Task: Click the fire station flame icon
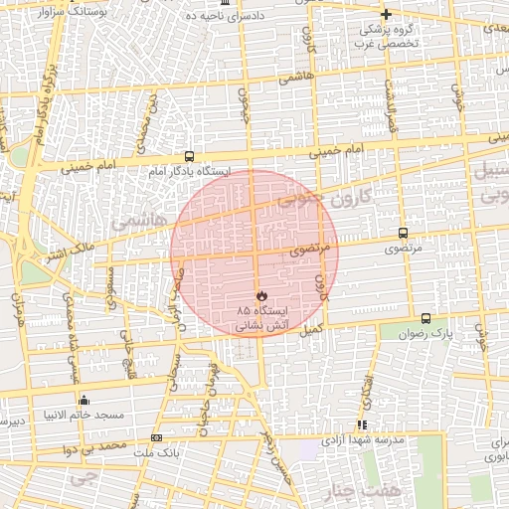pyautogui.click(x=260, y=296)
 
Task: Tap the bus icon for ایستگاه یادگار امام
pyautogui.click(x=189, y=156)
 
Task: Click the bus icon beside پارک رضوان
pyautogui.click(x=425, y=318)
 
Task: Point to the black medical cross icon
pyautogui.click(x=387, y=14)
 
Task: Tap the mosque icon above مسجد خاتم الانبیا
pyautogui.click(x=83, y=400)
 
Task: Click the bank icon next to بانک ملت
pyautogui.click(x=156, y=437)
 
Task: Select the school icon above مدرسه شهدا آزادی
pyautogui.click(x=362, y=424)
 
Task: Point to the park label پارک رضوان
pyautogui.click(x=448, y=335)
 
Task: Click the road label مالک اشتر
pyautogui.click(x=76, y=244)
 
